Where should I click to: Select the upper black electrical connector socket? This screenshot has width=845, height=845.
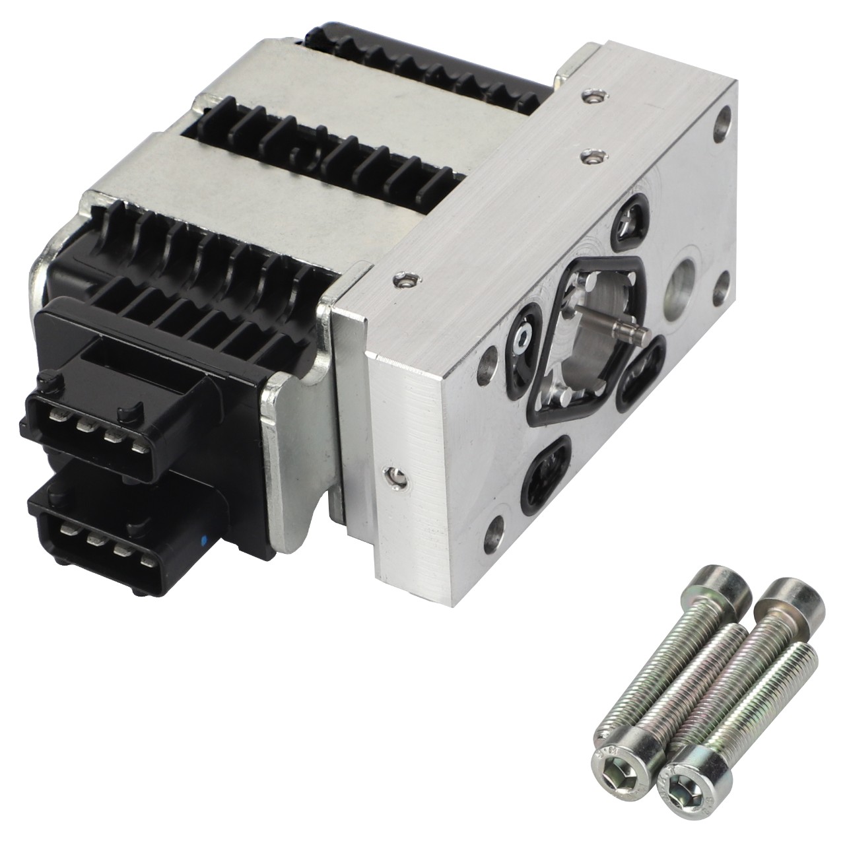[x=99, y=409]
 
